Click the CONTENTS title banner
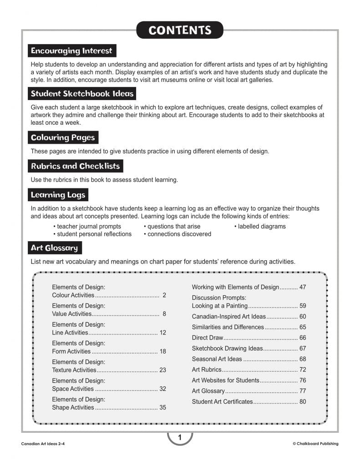tap(180, 30)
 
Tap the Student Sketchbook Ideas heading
tap(82, 94)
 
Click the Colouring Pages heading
tap(63, 137)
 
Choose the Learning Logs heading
tap(58, 195)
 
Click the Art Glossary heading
tap(54, 248)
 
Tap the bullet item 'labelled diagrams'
tap(262, 226)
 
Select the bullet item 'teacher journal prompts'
tap(87, 226)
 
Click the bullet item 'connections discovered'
tap(177, 234)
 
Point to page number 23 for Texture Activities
tap(162, 370)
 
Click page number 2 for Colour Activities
tap(164, 295)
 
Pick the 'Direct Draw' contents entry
tap(208, 338)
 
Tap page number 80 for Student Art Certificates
tap(303, 401)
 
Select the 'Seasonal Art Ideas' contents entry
tap(217, 359)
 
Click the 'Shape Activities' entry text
tap(73, 407)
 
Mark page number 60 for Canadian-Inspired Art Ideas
tap(303, 316)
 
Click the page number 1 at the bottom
tap(180, 438)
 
